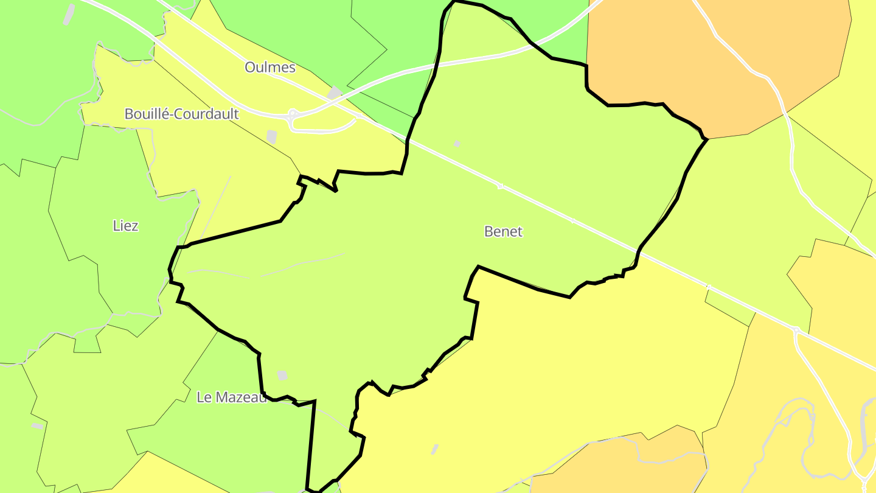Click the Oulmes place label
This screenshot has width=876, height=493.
[x=270, y=67]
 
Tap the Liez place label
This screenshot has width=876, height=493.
[x=126, y=226]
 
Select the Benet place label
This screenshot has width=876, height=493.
[x=503, y=231]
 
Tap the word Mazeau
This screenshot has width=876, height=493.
[x=240, y=397]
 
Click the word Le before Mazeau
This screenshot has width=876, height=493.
[x=204, y=397]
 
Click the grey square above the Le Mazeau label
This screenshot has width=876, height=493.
[x=282, y=376]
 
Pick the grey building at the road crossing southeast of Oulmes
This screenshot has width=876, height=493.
[x=335, y=93]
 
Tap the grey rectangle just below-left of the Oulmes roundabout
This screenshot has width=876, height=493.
[x=272, y=137]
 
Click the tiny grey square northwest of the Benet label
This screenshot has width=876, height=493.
[x=457, y=144]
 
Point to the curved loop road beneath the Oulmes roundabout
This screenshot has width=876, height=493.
[x=322, y=129]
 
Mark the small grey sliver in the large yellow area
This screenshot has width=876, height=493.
[x=435, y=449]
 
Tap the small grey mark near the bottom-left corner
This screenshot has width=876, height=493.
[x=38, y=425]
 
